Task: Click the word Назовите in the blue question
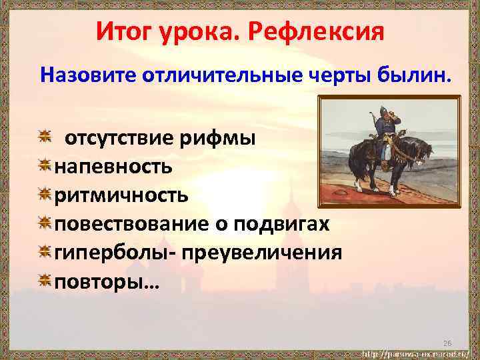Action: tap(87, 75)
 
